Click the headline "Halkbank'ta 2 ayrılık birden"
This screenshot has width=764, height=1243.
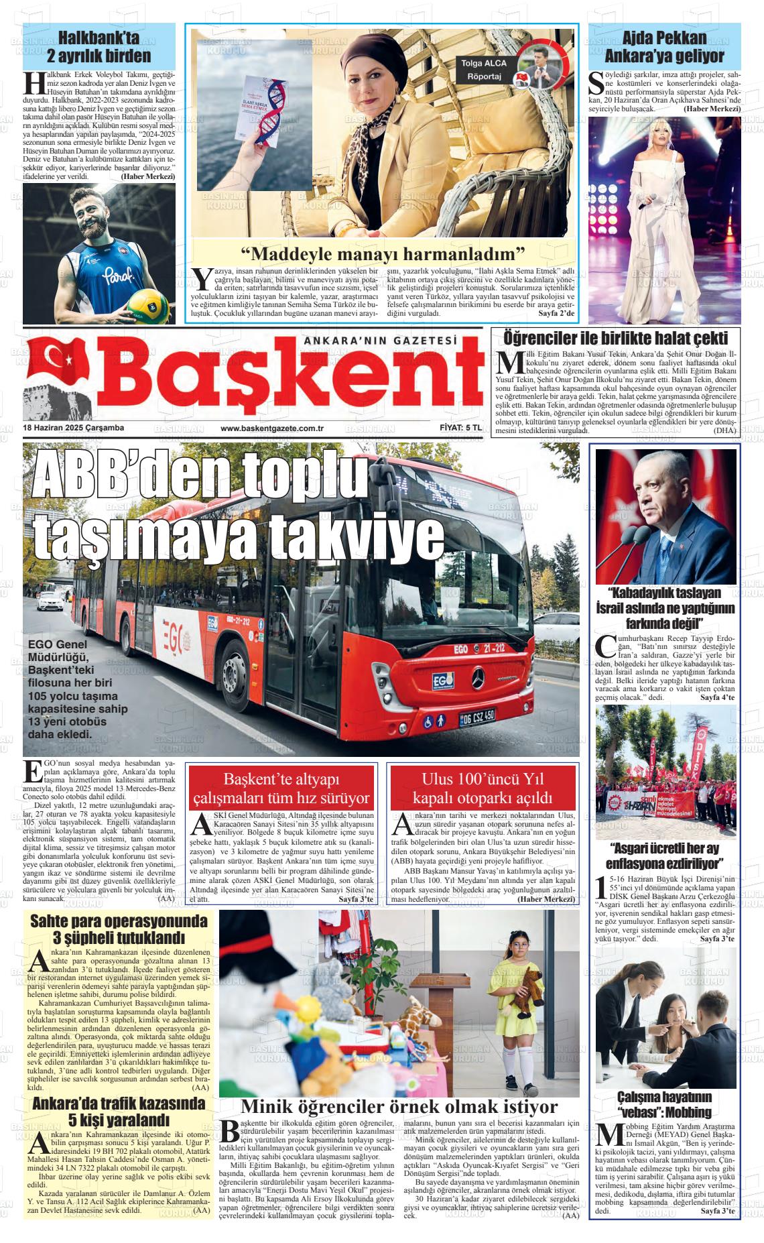99,47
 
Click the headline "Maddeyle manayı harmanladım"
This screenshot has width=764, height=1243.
383,254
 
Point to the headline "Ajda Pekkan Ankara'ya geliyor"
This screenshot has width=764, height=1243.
664,47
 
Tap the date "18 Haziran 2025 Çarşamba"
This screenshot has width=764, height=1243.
74,428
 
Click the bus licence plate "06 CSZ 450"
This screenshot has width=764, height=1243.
477,717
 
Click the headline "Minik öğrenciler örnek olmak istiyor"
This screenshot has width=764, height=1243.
399,1106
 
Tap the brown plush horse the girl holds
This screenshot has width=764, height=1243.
523,989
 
